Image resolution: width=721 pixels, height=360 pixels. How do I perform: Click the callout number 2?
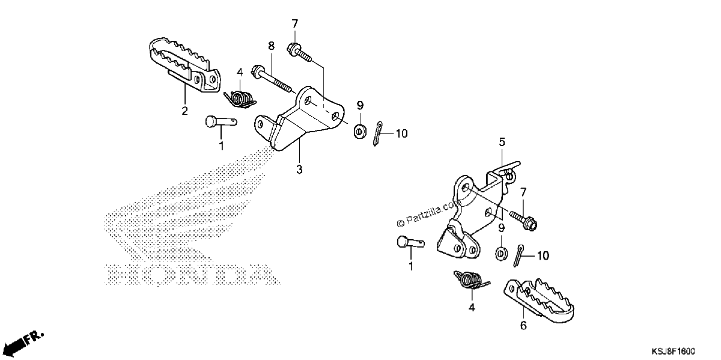tap(184, 111)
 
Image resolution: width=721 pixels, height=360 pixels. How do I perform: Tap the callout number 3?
tap(299, 169)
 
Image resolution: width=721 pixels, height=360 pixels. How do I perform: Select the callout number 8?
tap(272, 46)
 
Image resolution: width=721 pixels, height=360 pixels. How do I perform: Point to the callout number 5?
tap(502, 142)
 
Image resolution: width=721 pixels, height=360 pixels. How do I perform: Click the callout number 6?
tap(523, 325)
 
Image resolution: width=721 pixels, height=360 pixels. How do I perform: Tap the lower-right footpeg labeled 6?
tap(539, 300)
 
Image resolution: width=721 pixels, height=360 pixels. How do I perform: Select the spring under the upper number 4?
tap(240, 100)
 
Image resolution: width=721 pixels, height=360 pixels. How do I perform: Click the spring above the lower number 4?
tap(472, 279)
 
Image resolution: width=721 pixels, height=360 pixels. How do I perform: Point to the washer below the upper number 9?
tap(359, 132)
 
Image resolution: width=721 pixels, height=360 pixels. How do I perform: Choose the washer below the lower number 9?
tap(501, 254)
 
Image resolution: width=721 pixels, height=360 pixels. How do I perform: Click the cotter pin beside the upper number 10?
tap(378, 133)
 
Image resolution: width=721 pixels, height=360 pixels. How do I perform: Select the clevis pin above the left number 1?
tap(221, 122)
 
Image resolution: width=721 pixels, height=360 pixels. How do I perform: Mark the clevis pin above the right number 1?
tap(411, 242)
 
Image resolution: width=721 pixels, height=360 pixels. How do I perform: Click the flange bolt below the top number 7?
tap(299, 52)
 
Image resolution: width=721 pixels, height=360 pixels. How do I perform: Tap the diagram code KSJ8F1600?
tap(673, 351)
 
